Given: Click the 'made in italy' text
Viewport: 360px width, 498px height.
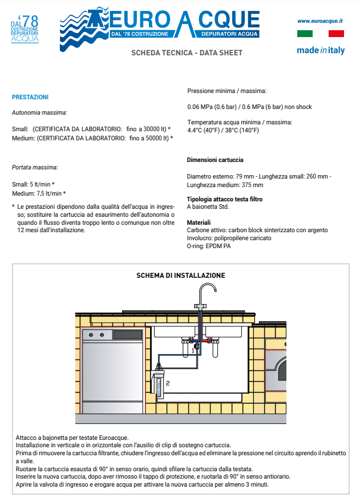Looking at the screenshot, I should tap(321, 50).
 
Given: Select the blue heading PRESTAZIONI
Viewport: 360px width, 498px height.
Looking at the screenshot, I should tap(30, 97).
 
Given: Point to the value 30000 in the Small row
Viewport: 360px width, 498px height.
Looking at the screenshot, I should tap(151, 129).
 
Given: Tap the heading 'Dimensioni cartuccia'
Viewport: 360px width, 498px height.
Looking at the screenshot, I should tap(215, 160).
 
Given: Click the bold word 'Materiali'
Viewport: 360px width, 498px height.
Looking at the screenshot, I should tap(199, 222).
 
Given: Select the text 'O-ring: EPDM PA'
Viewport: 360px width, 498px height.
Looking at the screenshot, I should tap(209, 246).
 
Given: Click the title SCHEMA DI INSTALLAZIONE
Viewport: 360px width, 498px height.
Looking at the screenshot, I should tap(180, 276).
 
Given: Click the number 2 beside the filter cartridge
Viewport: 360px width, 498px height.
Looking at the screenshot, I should tap(168, 383).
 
